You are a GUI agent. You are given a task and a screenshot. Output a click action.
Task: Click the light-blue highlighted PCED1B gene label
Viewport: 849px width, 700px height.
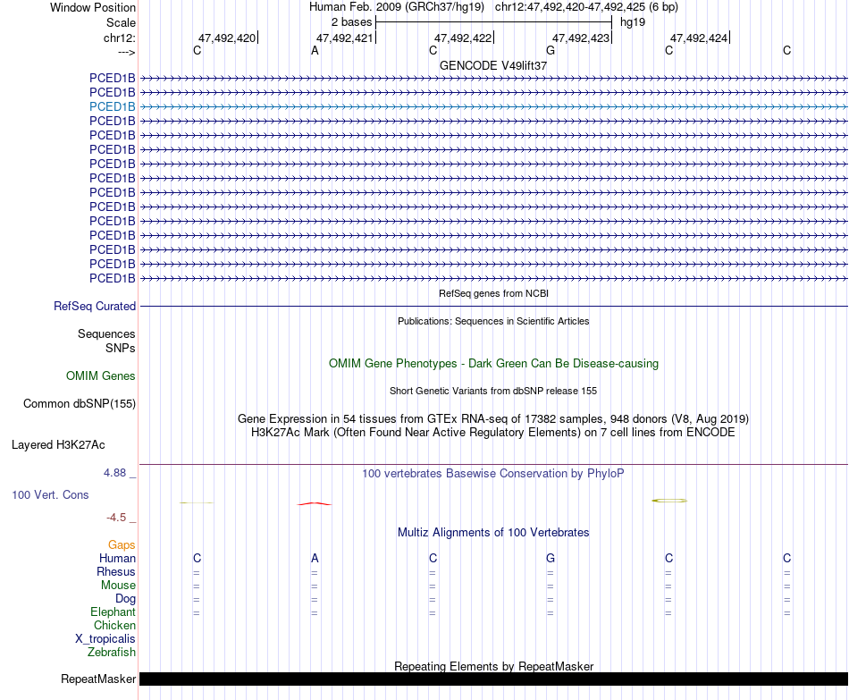pos(113,106)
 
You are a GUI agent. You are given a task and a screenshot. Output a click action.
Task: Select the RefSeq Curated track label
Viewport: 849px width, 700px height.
pos(95,306)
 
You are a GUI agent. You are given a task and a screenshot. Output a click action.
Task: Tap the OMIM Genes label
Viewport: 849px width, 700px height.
pos(101,376)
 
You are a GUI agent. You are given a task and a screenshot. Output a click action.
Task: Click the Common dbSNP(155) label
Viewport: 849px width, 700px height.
pos(80,404)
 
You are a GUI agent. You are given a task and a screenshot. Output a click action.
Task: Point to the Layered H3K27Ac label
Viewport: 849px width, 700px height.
pos(58,444)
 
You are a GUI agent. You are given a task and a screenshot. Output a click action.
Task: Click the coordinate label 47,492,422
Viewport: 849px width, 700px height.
pos(463,38)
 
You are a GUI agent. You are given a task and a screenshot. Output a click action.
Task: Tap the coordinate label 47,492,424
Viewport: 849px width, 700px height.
pos(699,38)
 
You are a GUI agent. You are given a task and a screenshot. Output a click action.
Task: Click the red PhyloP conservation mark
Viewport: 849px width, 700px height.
pos(314,504)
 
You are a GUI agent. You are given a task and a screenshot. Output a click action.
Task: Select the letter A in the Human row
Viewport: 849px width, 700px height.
pos(315,559)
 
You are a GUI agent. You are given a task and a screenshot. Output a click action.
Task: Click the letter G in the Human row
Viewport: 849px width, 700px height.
pos(551,559)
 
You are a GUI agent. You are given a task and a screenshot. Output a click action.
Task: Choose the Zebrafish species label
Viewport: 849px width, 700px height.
pos(112,653)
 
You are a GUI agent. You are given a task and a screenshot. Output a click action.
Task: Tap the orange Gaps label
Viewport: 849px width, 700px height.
pos(122,544)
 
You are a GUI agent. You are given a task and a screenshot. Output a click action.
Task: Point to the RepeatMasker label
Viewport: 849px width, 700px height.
pos(98,679)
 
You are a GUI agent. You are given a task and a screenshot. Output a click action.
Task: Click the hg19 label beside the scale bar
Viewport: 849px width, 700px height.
pos(633,21)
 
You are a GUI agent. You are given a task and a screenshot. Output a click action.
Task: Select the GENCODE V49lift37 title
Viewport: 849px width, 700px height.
pos(493,65)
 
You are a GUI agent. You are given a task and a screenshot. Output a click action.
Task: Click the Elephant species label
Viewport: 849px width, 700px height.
pos(113,612)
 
